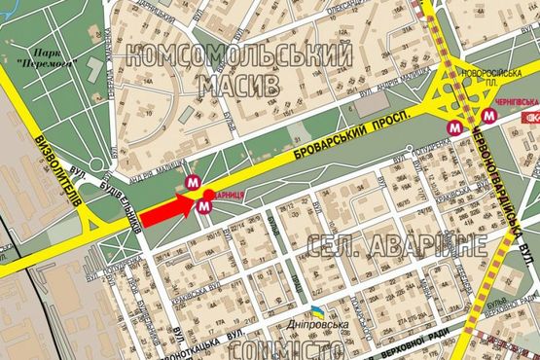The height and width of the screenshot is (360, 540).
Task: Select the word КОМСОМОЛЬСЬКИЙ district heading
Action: click(238, 56)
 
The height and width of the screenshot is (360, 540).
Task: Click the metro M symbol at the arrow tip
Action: click(202, 206)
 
